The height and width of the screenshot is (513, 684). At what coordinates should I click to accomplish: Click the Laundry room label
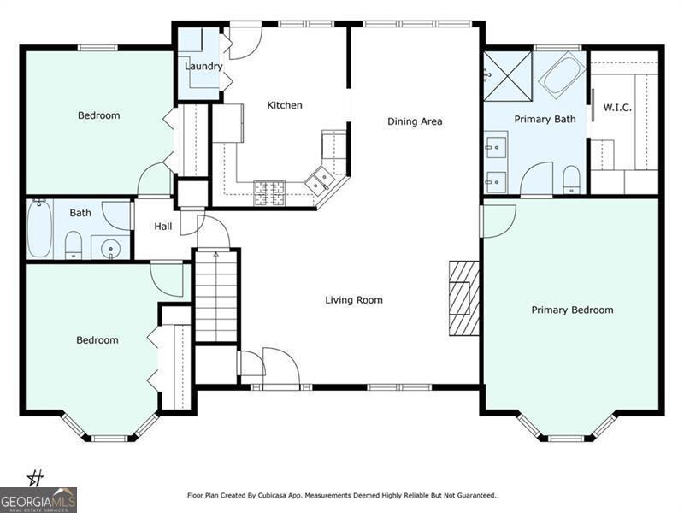click(x=203, y=67)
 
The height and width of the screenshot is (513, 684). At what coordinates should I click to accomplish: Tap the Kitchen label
click(x=285, y=105)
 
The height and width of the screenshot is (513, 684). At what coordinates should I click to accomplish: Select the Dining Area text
click(x=415, y=121)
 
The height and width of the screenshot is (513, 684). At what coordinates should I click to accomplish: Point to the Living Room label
click(x=354, y=300)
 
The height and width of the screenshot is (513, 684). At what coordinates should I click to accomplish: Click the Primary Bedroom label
click(x=572, y=310)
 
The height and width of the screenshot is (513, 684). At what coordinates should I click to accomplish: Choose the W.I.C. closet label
click(x=617, y=108)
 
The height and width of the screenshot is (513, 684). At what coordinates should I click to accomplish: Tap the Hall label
click(x=163, y=227)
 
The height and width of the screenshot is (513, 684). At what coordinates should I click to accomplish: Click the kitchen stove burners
click(x=269, y=193)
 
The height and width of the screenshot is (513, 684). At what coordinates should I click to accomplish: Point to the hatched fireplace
click(x=464, y=298)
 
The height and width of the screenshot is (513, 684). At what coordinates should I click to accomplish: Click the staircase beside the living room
click(x=216, y=295)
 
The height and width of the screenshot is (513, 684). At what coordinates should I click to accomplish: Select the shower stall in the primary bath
click(x=508, y=76)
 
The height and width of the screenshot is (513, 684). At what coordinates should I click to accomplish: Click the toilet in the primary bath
click(x=571, y=180)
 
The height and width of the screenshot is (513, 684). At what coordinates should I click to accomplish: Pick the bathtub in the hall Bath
click(x=39, y=228)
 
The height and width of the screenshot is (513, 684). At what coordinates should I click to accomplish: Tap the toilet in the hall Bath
click(x=74, y=245)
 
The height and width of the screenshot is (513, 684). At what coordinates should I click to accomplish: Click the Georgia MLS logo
click(x=38, y=500)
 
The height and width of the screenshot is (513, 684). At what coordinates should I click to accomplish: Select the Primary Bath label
click(x=545, y=120)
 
